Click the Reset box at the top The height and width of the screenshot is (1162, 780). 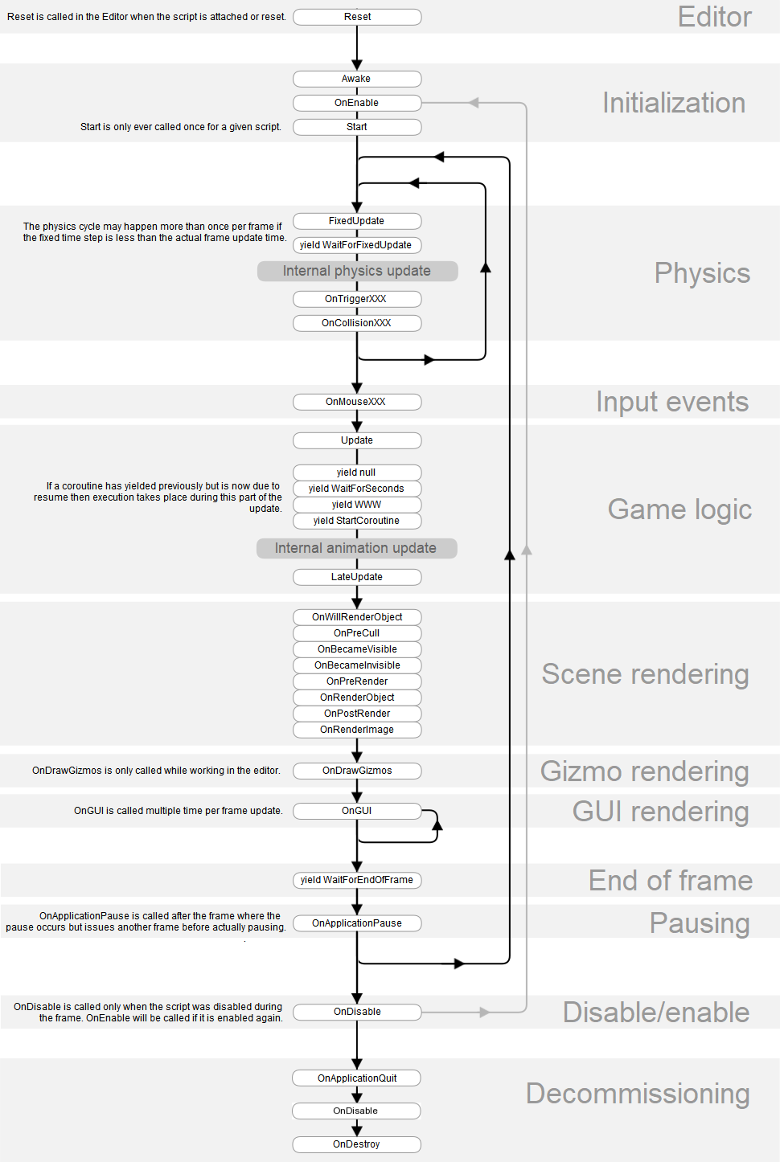point(357,17)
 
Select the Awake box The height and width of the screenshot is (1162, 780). point(357,79)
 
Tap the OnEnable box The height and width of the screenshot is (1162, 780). point(357,103)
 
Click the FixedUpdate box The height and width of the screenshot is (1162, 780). point(357,221)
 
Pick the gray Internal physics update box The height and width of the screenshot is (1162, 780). point(358,272)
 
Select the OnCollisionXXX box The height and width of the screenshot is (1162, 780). point(357,323)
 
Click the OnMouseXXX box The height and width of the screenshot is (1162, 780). point(357,402)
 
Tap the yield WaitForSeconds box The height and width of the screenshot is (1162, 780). point(357,489)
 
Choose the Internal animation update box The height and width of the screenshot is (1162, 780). point(356,548)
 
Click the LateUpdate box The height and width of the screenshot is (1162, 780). point(357,577)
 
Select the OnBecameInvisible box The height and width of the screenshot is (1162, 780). point(357,665)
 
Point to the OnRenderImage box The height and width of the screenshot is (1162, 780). point(357,730)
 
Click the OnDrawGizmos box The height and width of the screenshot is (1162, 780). point(357,771)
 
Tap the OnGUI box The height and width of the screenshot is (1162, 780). point(357,811)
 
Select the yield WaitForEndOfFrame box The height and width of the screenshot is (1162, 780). point(357,880)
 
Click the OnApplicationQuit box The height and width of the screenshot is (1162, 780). point(356,1078)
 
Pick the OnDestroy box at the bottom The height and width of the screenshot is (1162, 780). point(356,1144)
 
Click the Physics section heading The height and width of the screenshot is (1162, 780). point(702,273)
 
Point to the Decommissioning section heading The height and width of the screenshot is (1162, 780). point(638,1094)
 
